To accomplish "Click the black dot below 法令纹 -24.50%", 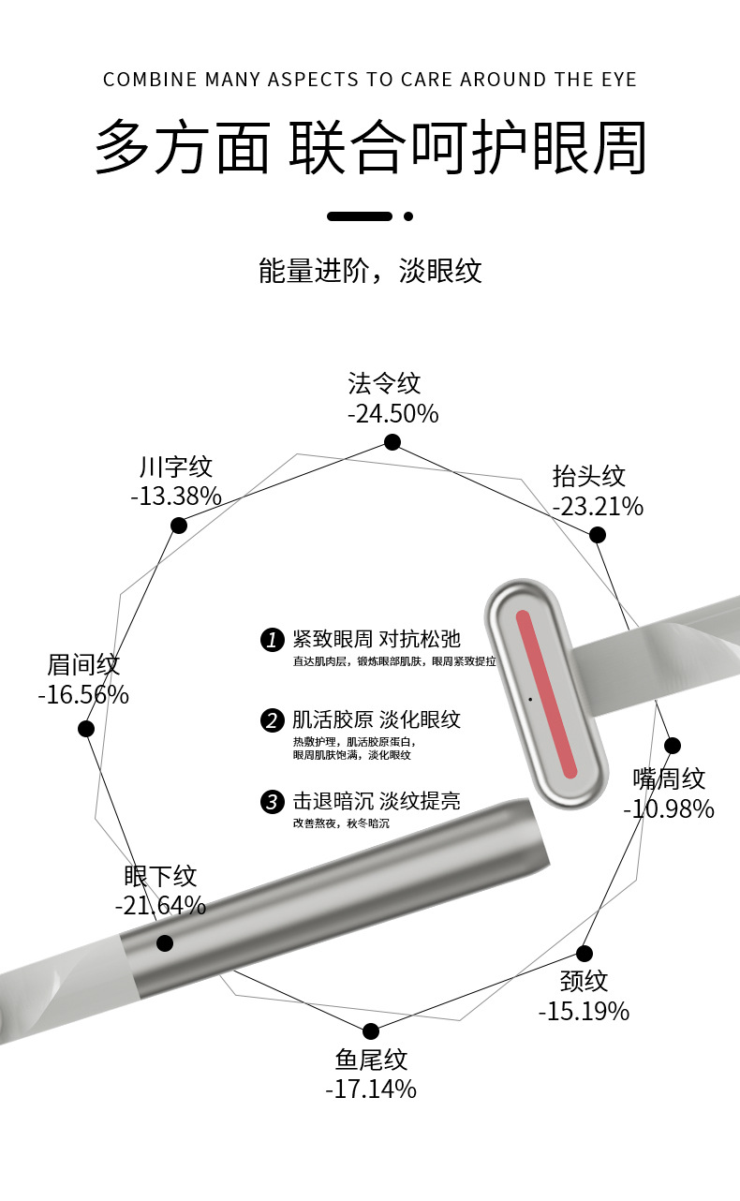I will pos(392,442).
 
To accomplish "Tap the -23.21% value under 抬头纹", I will pos(598,507).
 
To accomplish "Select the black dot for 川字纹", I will pos(179,526).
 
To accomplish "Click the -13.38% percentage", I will pos(176,496).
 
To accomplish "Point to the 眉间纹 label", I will pos(83,665).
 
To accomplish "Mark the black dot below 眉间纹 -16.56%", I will pos(86,729).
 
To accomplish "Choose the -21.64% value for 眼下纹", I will pos(160,906).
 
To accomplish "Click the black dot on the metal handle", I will pos(165,943).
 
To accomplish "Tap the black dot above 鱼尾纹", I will pos(371,1031).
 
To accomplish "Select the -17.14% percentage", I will pos(371,1089).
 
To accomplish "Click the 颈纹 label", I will pos(584,981).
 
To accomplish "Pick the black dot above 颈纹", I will pos(585,954).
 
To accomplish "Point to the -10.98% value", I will pos(669,808).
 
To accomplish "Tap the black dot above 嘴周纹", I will pos(672,746).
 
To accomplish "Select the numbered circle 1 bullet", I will pos(272,640).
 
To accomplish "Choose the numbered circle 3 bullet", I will pos(272,801).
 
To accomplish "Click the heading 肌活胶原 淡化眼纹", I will pos(377,719).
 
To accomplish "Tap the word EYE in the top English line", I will pos(616,80).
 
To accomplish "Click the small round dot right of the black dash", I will pos(408,216).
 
